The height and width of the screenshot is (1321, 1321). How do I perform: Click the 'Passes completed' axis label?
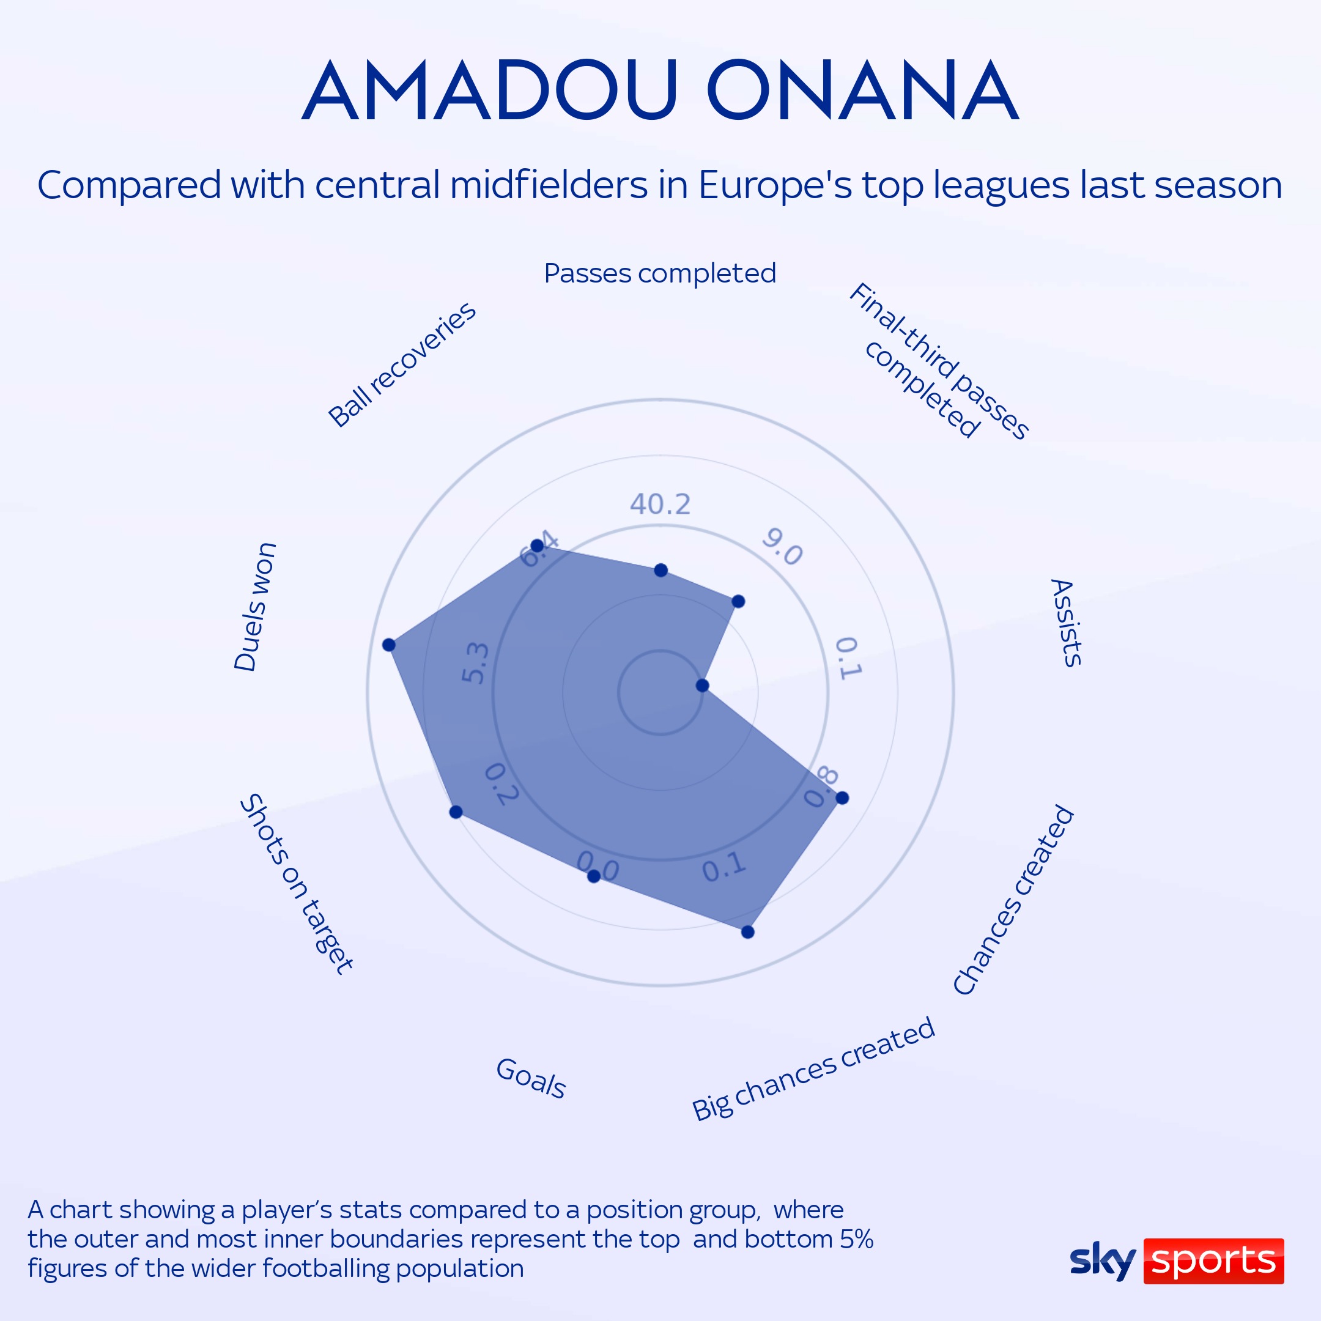click(x=660, y=273)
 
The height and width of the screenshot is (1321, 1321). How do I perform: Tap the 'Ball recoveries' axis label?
click(x=402, y=365)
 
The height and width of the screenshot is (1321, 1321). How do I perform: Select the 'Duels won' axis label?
click(x=255, y=607)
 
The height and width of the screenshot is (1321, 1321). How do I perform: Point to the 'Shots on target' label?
click(x=297, y=883)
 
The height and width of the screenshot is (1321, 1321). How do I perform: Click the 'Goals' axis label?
click(x=531, y=1079)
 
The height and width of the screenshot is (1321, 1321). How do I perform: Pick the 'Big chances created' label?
click(x=813, y=1070)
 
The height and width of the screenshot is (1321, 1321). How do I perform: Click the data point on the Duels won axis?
click(x=389, y=645)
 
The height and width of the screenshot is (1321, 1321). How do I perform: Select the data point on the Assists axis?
click(x=702, y=685)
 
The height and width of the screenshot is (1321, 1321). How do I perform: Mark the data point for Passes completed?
click(x=660, y=570)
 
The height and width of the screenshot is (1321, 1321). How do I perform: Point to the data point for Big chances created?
click(x=748, y=932)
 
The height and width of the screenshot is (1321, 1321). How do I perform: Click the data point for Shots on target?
click(x=456, y=812)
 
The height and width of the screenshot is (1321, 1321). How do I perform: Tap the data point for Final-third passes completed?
click(x=738, y=602)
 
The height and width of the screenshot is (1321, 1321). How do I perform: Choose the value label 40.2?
click(x=660, y=505)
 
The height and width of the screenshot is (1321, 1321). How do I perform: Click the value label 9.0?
click(x=782, y=546)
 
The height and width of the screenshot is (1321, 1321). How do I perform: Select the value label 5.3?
click(x=476, y=662)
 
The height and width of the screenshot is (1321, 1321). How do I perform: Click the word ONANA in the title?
click(x=863, y=91)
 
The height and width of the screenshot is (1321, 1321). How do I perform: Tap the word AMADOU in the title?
click(x=489, y=91)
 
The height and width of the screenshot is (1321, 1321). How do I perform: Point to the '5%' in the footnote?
click(x=857, y=1239)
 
